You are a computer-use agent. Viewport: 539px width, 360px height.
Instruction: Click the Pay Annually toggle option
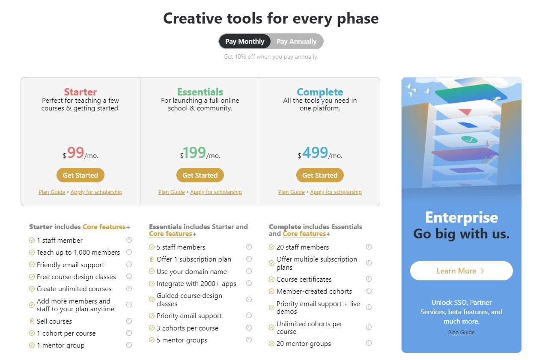point(296,42)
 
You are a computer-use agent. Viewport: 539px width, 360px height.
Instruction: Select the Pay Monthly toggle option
point(245,42)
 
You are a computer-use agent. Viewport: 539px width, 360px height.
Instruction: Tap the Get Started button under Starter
point(80,175)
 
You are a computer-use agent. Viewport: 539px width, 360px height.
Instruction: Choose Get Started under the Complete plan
point(320,175)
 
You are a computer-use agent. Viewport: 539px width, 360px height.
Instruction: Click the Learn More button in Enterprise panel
point(461,271)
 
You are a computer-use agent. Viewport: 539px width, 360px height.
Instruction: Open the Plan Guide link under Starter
point(52,192)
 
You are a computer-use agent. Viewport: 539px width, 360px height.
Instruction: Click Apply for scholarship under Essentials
point(216,192)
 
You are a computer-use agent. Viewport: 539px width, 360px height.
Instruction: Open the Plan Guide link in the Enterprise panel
point(461,332)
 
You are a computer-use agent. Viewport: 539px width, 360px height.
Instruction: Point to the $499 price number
point(315,152)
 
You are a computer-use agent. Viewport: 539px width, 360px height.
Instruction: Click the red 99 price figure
point(75,152)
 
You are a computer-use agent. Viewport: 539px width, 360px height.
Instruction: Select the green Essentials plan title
point(200,92)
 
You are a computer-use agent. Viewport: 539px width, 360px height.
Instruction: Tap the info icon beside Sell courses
point(129,321)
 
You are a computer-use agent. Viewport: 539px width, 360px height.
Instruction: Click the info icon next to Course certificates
point(369,279)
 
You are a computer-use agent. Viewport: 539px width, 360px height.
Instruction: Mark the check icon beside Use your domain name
point(152,271)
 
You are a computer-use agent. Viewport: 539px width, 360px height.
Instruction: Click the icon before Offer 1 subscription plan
point(152,259)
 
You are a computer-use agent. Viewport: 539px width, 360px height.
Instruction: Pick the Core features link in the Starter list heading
point(104,227)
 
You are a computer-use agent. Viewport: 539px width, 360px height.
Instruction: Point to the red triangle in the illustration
point(465,112)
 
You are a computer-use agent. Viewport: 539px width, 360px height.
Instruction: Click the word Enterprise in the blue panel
point(462,217)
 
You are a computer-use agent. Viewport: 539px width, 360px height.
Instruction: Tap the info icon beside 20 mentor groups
point(369,343)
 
